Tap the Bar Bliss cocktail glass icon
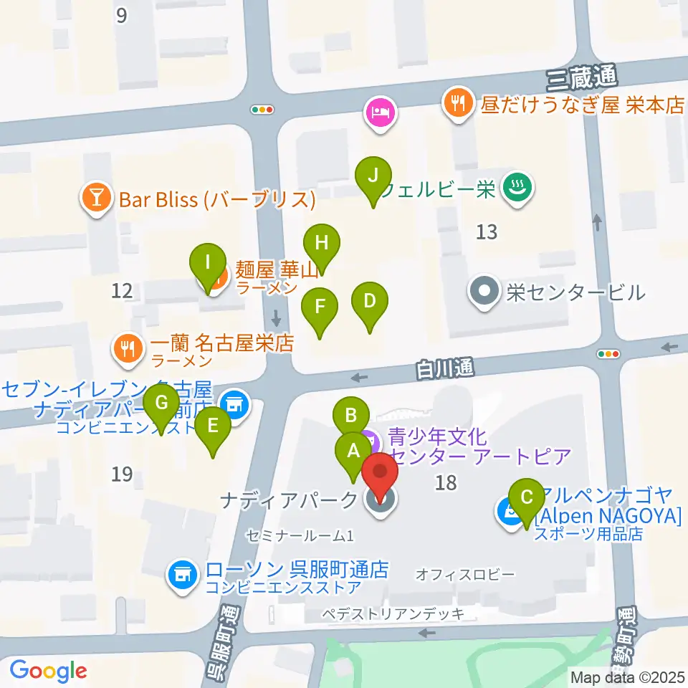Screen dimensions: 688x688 pos(95,199)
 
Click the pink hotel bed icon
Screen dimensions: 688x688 pos(379,113)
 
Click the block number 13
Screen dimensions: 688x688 pos(487,232)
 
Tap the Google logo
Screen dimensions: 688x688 pos(48,672)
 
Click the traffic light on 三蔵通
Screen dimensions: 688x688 pos(262,110)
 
